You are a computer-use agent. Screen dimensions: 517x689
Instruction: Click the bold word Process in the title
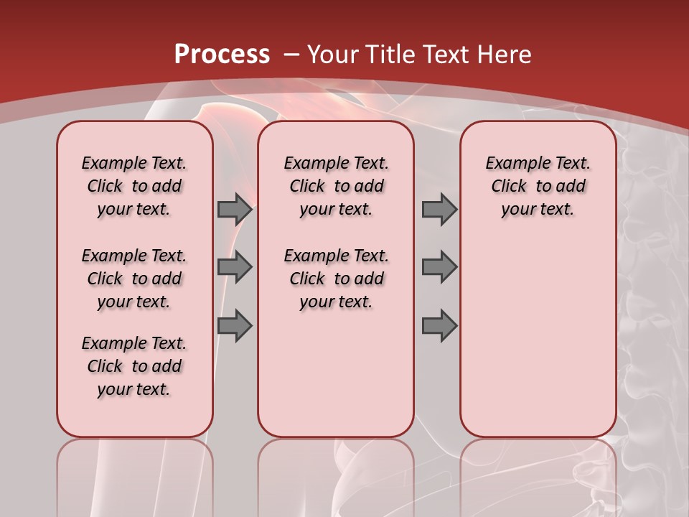[x=222, y=55]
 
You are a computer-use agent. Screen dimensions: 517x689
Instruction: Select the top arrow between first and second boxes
[x=235, y=209]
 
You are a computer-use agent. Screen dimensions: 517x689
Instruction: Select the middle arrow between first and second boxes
[x=235, y=267]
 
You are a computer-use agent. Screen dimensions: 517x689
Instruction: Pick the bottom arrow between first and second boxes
[x=235, y=326]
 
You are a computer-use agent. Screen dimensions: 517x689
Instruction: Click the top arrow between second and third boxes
[x=439, y=209]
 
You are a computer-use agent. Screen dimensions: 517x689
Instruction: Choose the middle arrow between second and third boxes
[x=439, y=267]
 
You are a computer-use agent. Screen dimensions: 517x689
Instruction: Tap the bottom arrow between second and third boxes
[x=439, y=326]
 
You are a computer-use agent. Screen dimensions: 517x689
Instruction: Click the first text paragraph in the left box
[x=134, y=186]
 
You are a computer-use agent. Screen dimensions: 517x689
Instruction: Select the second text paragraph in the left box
[x=134, y=279]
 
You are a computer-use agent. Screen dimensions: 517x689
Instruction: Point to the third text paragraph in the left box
[x=134, y=366]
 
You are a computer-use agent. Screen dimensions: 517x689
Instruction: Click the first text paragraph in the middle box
[x=337, y=186]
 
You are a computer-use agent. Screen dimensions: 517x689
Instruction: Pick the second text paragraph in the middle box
[x=337, y=279]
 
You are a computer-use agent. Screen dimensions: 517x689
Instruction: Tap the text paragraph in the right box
[x=538, y=186]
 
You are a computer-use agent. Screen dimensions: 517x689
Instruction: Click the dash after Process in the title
[x=291, y=55]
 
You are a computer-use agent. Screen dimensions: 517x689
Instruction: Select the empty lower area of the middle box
[x=337, y=373]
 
